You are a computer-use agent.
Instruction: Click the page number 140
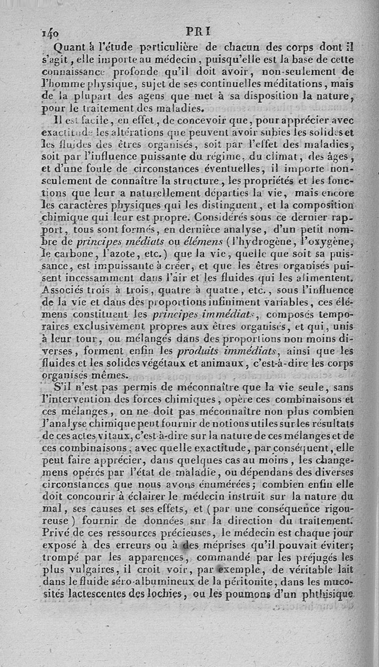[x=50, y=34]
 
